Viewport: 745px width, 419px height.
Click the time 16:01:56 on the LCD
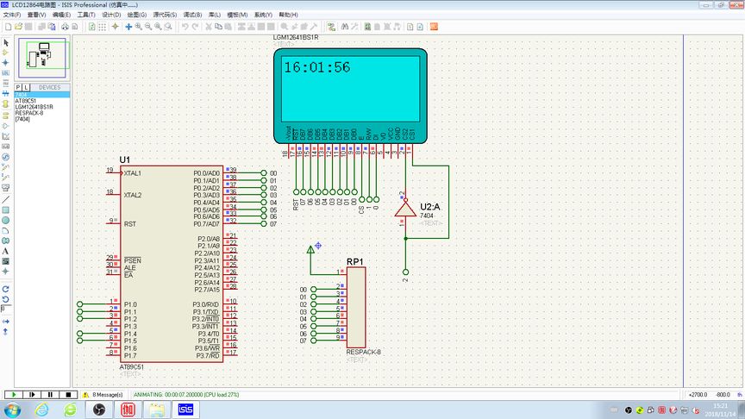coord(316,67)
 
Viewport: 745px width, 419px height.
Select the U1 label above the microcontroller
coord(125,160)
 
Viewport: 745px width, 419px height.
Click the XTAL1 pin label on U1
coord(132,173)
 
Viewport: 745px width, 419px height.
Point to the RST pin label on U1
coord(129,224)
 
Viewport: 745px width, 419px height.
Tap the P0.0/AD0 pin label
coord(208,173)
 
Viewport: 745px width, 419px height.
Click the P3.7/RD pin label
coord(208,355)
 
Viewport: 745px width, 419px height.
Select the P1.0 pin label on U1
coord(130,304)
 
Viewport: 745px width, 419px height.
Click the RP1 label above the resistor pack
coord(354,261)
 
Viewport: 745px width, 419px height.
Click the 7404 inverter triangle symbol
coord(404,209)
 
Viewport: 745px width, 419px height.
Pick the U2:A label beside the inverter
coord(430,207)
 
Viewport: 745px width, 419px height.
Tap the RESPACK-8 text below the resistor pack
coord(363,352)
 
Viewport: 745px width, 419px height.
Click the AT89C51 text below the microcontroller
coord(133,367)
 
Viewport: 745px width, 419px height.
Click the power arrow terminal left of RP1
coord(311,250)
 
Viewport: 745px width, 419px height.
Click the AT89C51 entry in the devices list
coord(26,101)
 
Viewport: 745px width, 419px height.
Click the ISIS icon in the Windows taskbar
coord(185,409)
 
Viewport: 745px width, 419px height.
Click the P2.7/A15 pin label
coord(208,290)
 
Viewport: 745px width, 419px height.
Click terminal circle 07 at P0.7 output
coord(263,223)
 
